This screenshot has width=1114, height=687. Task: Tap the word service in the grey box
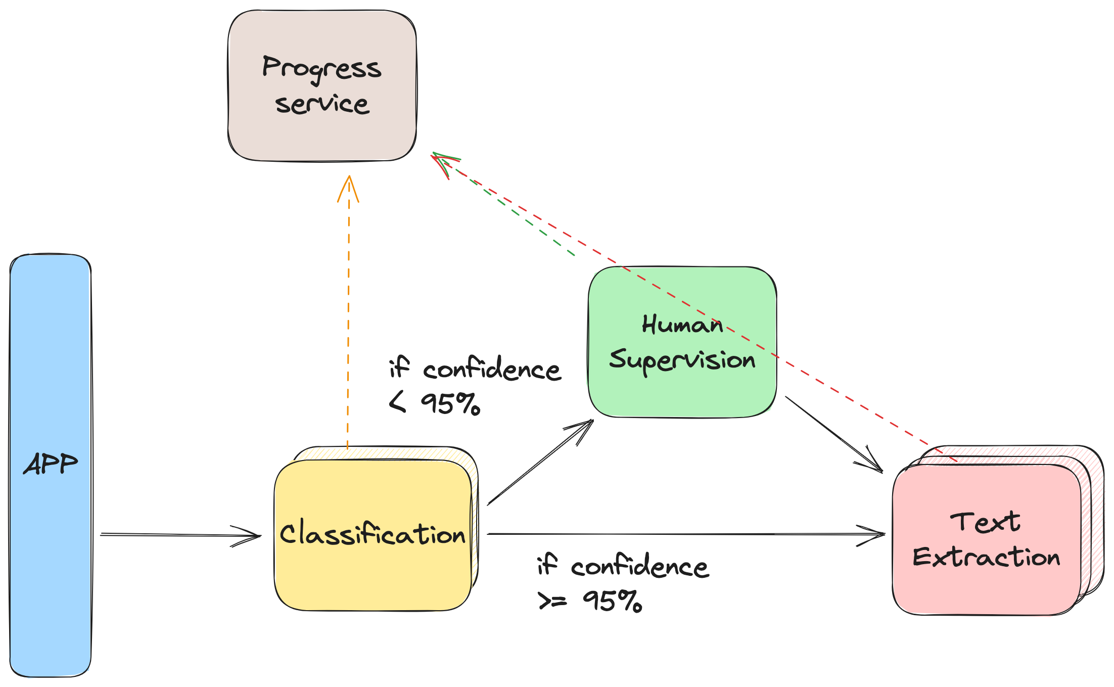(322, 104)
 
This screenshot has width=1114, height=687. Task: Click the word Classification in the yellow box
(373, 534)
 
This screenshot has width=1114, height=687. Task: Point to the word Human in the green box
(682, 325)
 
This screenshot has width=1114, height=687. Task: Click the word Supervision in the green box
(682, 360)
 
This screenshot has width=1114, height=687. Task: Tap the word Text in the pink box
(985, 522)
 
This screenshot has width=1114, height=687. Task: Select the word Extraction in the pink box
(986, 557)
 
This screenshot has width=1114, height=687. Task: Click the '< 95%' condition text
(435, 403)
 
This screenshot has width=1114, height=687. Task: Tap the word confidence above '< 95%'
(491, 369)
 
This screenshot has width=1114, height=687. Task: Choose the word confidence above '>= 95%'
(639, 567)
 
